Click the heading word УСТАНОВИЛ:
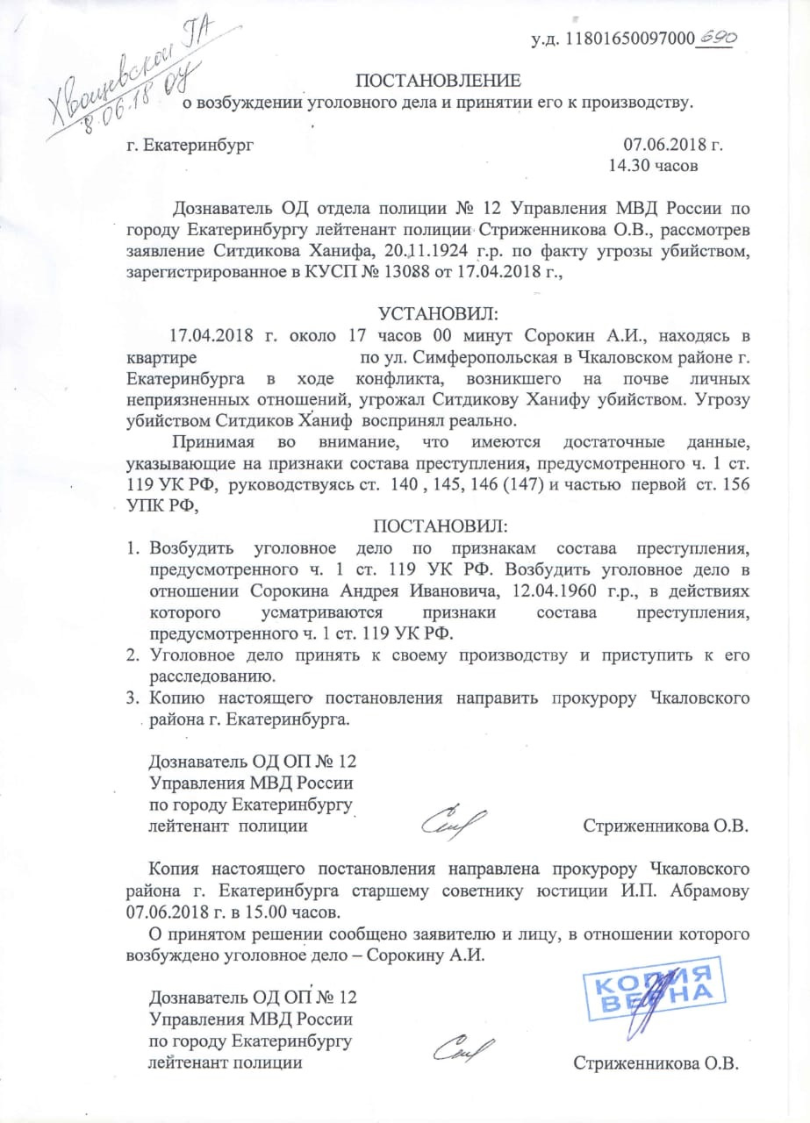[x=437, y=313]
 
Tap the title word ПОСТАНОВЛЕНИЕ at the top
[x=438, y=82]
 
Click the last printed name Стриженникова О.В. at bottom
[x=656, y=1064]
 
